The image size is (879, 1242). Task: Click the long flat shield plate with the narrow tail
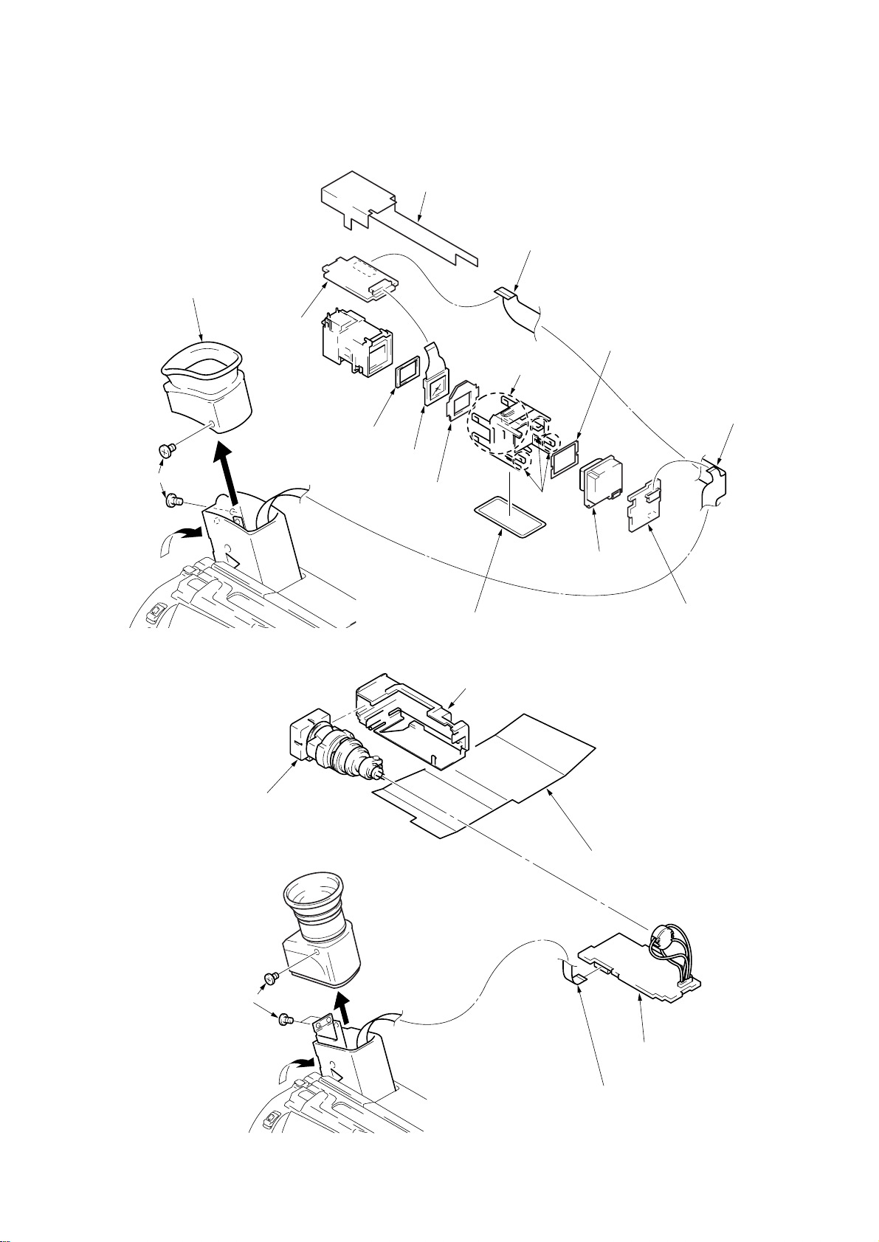point(391,214)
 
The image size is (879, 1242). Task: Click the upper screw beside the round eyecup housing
point(269,979)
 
